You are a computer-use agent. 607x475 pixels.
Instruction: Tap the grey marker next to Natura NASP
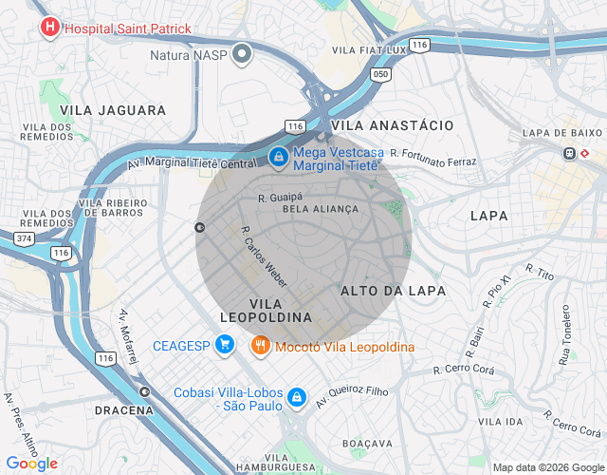click(242, 54)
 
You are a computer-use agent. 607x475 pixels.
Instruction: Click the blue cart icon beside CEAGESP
click(224, 344)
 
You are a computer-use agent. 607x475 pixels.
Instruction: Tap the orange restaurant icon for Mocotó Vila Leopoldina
click(261, 347)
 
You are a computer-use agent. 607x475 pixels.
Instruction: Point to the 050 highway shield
click(381, 74)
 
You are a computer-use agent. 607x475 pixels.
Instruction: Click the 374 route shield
click(24, 237)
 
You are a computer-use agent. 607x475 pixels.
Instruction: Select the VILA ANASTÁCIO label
click(393, 125)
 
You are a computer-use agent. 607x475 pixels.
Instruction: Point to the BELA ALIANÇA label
click(321, 209)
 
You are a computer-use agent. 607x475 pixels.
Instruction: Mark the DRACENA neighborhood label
click(124, 410)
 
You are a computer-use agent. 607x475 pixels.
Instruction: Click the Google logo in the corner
click(30, 463)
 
